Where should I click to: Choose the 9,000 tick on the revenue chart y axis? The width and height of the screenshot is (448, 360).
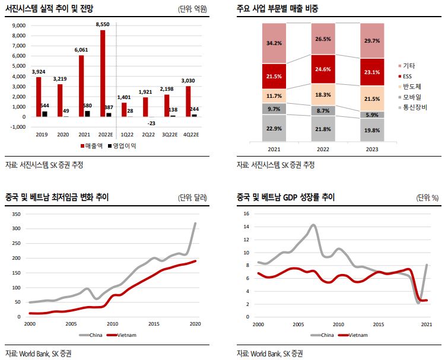coord(20,26)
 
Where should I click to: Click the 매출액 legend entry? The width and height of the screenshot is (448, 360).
coord(94,146)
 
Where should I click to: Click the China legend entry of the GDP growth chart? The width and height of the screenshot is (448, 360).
coord(328,335)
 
